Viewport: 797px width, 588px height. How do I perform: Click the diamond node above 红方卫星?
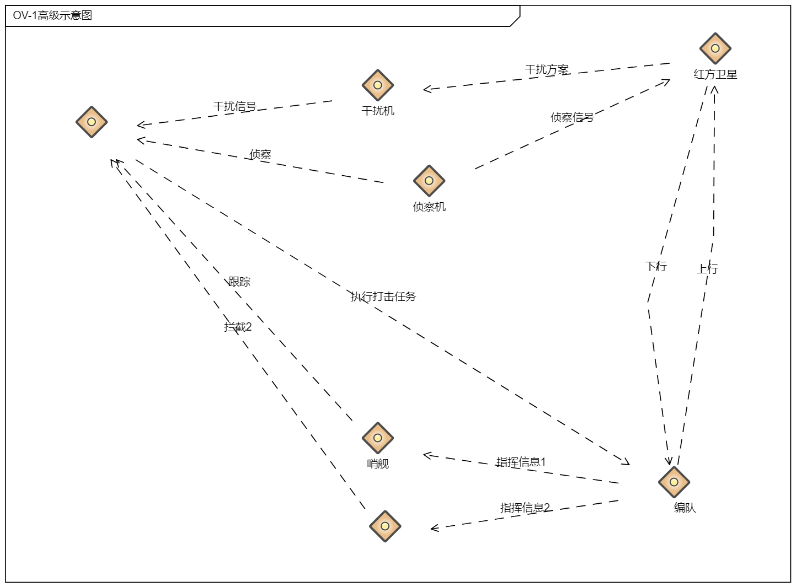(715, 48)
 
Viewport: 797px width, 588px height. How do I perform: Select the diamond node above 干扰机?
(377, 85)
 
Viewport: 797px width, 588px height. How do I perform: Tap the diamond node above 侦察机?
(429, 180)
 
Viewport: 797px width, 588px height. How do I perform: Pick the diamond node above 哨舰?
(377, 438)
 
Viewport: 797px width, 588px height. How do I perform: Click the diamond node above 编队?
(673, 482)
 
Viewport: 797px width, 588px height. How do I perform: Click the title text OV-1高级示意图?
(52, 15)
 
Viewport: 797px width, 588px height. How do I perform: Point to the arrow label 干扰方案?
(547, 69)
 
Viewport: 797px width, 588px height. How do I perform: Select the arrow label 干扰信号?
(235, 106)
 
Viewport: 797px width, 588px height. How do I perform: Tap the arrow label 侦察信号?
(572, 117)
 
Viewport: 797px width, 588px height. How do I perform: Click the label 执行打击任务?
(383, 296)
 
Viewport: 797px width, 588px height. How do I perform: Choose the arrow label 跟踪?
(239, 282)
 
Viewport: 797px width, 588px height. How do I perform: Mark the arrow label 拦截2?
(237, 326)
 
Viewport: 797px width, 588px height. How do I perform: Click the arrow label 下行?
(656, 266)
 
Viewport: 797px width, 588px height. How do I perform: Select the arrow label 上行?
(707, 268)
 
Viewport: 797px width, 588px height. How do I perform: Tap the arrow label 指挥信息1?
(521, 462)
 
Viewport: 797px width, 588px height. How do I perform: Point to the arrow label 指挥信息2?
(525, 507)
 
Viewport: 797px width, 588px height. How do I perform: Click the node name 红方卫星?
(715, 74)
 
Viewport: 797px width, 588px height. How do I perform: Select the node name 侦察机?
(429, 206)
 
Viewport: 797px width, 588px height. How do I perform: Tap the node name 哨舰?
(378, 463)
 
